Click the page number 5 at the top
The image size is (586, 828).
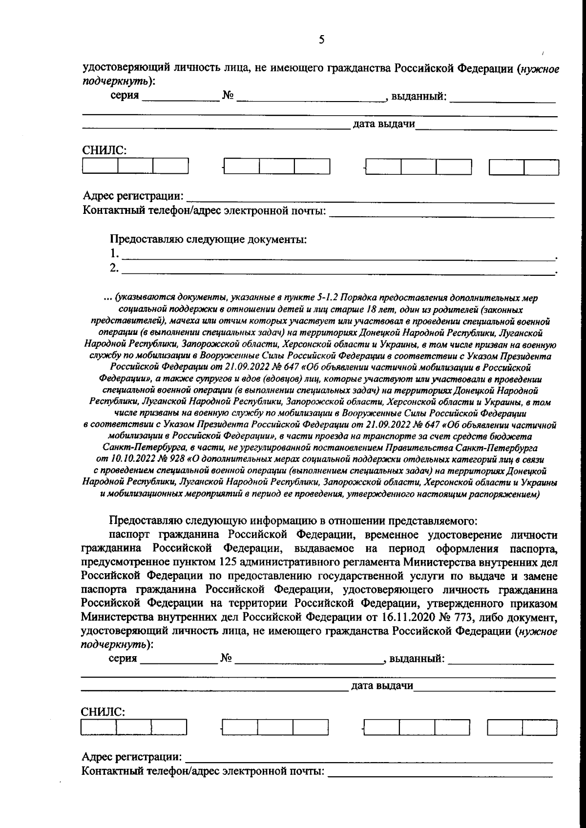321,40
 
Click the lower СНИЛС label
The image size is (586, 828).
103,711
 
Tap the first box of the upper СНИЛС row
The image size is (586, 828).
101,167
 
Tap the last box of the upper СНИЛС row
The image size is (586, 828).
541,167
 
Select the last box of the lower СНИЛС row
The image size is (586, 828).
539,728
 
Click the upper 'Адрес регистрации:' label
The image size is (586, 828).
133,196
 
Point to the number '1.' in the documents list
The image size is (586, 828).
114,253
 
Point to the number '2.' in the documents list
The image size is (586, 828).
114,268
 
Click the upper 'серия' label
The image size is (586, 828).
125,96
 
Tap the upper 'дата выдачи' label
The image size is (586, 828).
384,124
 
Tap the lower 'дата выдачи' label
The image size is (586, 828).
382,686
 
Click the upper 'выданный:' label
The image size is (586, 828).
419,96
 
